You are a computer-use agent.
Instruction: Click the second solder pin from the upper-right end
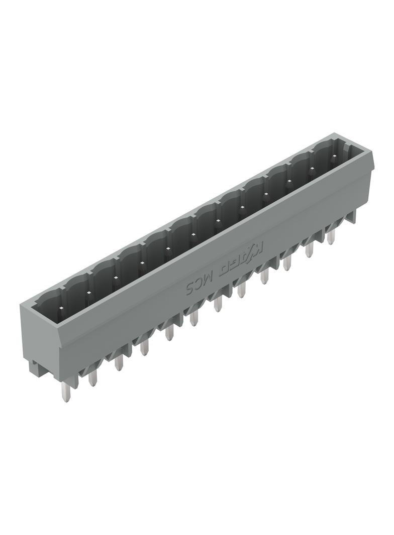(309, 248)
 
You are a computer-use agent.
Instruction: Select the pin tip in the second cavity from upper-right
(312, 169)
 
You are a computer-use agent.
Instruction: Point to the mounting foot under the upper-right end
(351, 217)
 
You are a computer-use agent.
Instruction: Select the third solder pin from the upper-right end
(287, 261)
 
